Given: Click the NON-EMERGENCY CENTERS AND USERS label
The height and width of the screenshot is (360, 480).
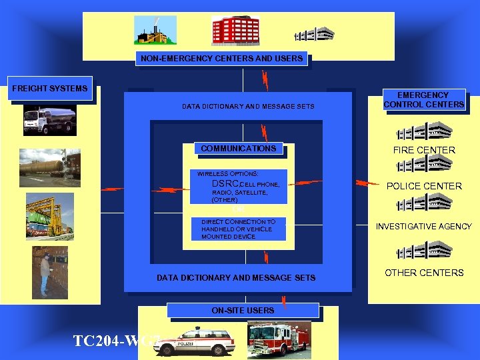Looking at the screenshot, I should [x=222, y=59].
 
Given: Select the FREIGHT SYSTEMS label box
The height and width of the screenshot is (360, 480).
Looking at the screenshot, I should [x=50, y=89].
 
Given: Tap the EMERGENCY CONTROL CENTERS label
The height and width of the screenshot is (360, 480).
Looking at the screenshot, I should [x=423, y=100].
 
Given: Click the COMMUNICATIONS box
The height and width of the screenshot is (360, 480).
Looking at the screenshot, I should [x=238, y=149].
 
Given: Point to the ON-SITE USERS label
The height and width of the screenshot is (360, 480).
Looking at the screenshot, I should [x=243, y=311].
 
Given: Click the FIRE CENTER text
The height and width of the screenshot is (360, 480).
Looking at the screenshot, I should [x=424, y=150].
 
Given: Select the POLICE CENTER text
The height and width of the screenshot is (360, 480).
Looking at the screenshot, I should [x=424, y=186].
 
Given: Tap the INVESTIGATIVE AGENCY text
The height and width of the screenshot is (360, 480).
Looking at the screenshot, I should [x=423, y=227].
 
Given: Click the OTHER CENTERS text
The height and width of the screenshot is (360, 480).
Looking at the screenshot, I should [x=424, y=273].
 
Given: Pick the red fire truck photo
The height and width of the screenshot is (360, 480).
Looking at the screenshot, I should [x=278, y=337].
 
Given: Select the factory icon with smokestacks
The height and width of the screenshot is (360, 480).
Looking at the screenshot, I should [x=156, y=30].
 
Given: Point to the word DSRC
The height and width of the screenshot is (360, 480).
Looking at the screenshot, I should [x=222, y=184].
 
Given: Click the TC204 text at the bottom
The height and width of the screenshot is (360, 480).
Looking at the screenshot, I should [x=107, y=341].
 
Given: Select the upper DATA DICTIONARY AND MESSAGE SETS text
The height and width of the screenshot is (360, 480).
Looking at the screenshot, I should [x=248, y=107].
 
